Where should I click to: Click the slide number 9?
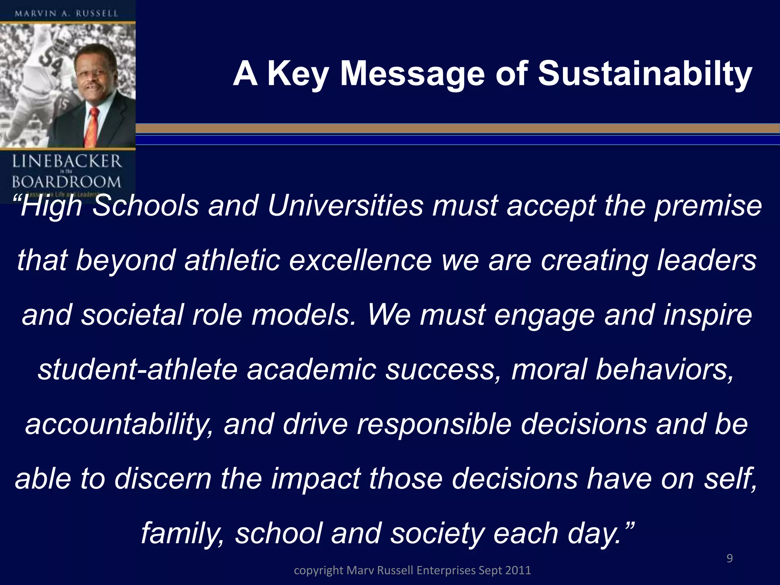tap(729, 558)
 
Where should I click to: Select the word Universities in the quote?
tap(345, 206)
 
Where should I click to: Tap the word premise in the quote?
tap(708, 206)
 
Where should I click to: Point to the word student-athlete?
tap(137, 369)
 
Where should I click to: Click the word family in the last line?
tap(182, 533)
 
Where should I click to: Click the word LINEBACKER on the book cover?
tap(67, 162)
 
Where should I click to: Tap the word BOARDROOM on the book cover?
tap(66, 182)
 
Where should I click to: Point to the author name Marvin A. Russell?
tap(67, 14)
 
